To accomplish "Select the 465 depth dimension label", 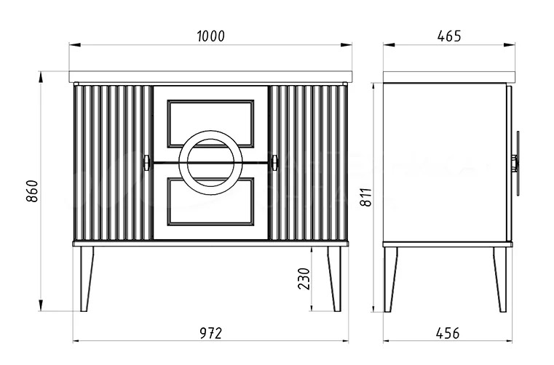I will (x=448, y=36).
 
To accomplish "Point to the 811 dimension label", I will (x=365, y=196).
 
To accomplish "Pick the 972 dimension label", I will (x=210, y=333).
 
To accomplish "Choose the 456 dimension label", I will (x=448, y=333).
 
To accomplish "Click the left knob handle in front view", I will (x=146, y=162).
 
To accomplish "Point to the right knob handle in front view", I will (x=274, y=162).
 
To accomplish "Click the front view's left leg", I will (x=87, y=278).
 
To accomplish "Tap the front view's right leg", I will (x=334, y=278).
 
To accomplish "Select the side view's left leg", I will (x=391, y=278).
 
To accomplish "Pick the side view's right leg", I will (x=500, y=278).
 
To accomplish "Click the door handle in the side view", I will (x=517, y=163).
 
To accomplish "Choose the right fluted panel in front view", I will (x=308, y=162).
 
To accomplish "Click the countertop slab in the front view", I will (x=210, y=76).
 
